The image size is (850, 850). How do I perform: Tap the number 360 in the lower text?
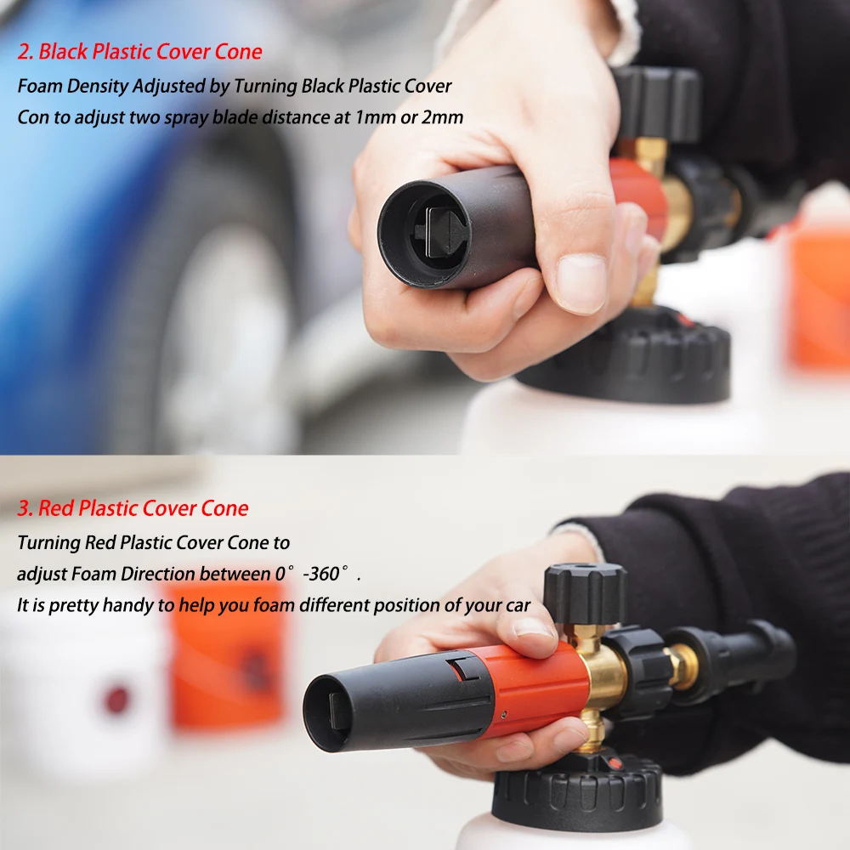[x=321, y=574]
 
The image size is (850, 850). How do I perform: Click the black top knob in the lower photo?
[x=585, y=593]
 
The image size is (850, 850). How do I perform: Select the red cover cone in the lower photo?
[x=527, y=684]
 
